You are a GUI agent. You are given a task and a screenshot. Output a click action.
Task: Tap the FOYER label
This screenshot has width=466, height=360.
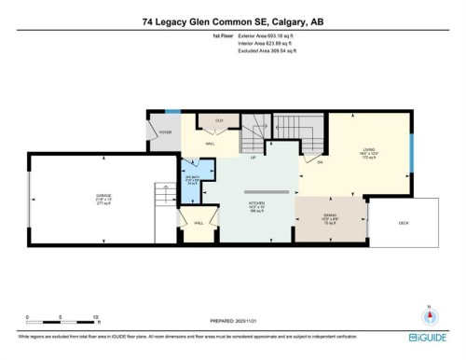[x=165, y=133]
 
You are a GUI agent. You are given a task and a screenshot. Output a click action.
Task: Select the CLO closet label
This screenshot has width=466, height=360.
[x=220, y=121]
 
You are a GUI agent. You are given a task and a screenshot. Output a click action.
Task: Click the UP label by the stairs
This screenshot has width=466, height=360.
[x=253, y=157]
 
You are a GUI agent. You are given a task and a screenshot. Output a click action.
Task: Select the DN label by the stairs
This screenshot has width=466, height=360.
[x=320, y=162]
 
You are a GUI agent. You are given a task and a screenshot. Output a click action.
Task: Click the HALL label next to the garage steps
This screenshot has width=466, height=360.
[x=199, y=223]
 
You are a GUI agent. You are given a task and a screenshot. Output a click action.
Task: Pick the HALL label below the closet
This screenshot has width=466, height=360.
[x=211, y=144]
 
